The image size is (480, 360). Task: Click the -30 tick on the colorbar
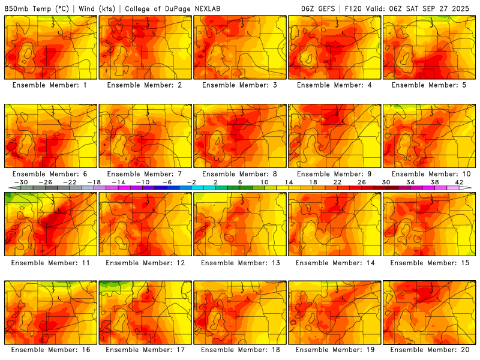click(x=20, y=182)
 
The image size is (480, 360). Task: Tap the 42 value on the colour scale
click(x=460, y=182)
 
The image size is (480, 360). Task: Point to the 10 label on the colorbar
click(x=265, y=182)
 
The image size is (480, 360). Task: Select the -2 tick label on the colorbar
click(x=191, y=182)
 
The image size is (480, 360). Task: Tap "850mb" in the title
click(x=16, y=9)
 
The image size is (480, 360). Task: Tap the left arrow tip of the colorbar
click(x=10, y=188)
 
